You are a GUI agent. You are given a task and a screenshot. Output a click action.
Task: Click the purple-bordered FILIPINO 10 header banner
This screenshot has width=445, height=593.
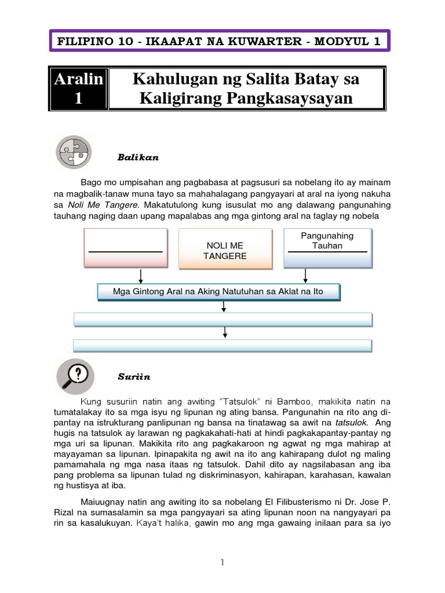222,41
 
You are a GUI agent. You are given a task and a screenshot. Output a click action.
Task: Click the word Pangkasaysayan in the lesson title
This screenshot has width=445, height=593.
296,98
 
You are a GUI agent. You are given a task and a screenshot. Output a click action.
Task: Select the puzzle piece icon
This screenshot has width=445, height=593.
74,152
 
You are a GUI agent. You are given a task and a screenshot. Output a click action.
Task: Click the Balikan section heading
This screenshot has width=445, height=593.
138,157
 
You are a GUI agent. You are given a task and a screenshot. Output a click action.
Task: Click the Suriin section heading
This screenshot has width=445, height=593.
134,377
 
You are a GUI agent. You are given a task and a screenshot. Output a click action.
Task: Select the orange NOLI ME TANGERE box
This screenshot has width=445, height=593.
225,248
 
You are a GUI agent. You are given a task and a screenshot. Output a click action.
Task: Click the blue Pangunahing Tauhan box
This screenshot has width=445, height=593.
327,248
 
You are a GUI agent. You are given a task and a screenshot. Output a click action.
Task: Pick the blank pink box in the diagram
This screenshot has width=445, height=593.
125,248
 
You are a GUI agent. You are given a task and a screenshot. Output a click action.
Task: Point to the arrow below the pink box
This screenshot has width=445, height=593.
141,276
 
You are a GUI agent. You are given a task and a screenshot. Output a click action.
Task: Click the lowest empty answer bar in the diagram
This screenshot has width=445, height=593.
222,346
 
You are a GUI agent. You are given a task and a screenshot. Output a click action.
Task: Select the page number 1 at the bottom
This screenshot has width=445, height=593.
222,562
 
